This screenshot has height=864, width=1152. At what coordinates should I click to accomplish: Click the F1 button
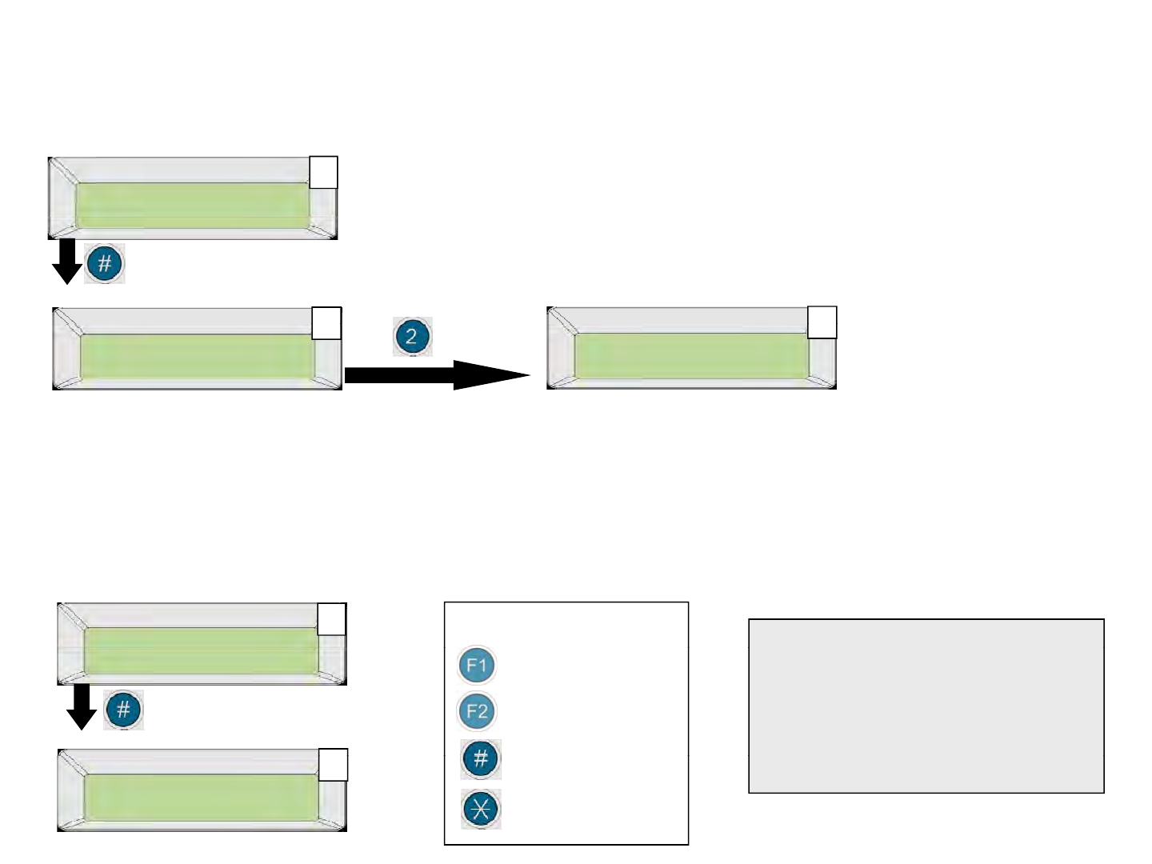(477, 666)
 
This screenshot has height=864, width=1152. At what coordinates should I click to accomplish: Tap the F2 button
(477, 711)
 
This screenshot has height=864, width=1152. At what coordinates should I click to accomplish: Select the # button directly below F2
(481, 759)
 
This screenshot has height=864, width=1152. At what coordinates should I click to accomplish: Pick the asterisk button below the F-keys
(481, 809)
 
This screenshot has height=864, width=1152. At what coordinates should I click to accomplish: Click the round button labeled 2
(412, 336)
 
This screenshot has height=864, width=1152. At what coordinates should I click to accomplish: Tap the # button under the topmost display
(105, 263)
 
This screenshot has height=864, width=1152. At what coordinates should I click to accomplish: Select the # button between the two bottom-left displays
(123, 710)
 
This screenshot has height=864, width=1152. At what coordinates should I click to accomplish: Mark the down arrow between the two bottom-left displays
(81, 707)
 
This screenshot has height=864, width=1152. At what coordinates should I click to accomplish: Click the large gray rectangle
(926, 706)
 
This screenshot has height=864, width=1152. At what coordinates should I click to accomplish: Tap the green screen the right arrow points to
(691, 356)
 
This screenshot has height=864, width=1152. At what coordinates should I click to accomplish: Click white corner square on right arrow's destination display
(822, 322)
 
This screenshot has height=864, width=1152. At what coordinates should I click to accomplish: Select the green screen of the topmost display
(192, 206)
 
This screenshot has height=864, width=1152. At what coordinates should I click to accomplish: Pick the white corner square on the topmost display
(323, 173)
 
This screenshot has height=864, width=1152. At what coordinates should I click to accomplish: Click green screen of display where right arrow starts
(198, 357)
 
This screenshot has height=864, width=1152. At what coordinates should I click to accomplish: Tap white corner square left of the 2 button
(326, 323)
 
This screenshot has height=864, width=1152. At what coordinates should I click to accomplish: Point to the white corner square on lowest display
(334, 765)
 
